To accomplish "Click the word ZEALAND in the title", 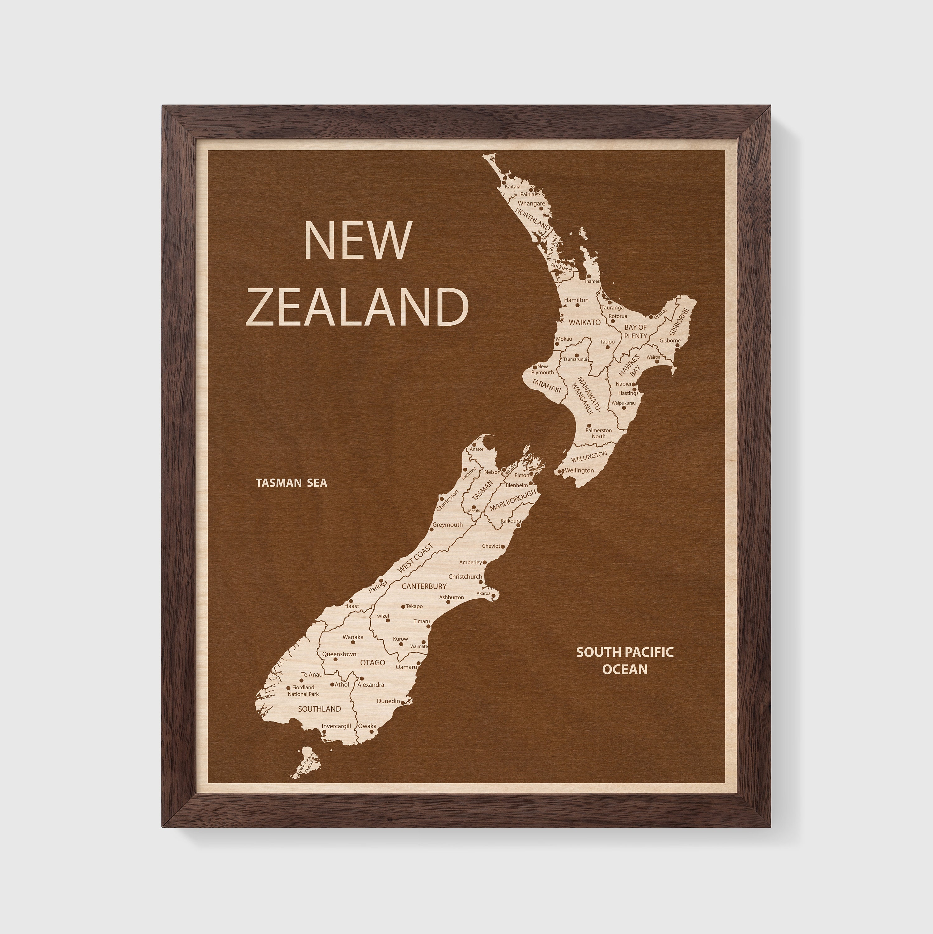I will (357, 307).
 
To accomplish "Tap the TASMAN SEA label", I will (292, 483).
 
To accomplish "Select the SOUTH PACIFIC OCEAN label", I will (624, 660).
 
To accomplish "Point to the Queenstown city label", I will (339, 654).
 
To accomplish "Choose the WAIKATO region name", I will (585, 322).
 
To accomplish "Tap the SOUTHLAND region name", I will (320, 709).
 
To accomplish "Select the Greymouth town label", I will (447, 525).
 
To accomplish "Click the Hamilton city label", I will (576, 300).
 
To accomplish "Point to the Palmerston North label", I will (598, 433).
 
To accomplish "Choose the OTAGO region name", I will (372, 663).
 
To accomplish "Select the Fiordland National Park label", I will (303, 690).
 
